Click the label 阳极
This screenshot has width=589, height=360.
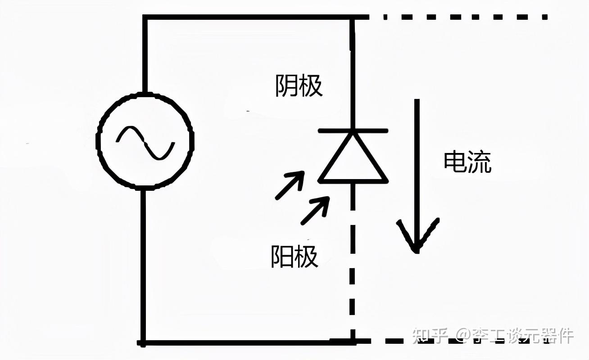click(x=294, y=256)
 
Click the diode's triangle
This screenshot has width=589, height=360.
click(x=353, y=160)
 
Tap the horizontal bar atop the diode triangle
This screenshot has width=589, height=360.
click(x=353, y=131)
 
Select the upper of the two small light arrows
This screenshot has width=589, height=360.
click(x=289, y=185)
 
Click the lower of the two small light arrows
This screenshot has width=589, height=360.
click(x=315, y=211)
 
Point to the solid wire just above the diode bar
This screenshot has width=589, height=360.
click(x=353, y=90)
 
